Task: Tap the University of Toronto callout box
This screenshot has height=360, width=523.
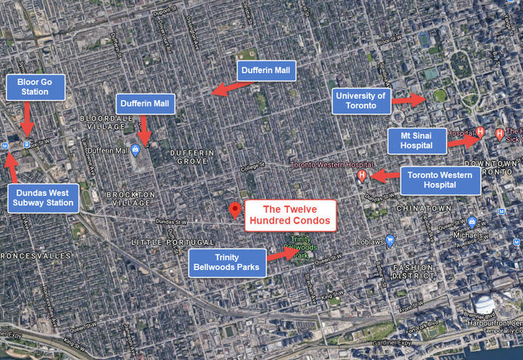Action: [361, 100]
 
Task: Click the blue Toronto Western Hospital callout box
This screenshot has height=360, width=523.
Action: [440, 181]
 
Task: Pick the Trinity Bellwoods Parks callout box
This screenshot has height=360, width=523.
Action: [226, 263]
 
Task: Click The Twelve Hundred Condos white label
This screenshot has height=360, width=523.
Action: [290, 215]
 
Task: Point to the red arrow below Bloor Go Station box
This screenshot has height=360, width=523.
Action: [27, 118]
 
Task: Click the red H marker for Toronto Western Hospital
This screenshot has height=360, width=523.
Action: [362, 176]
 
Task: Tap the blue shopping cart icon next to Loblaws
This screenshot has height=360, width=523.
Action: [390, 241]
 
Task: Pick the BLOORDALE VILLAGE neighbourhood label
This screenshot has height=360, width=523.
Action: [107, 122]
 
